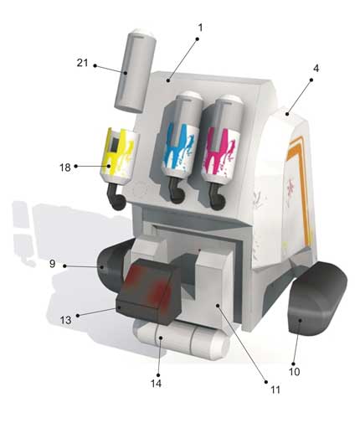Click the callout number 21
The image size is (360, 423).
tap(82, 63)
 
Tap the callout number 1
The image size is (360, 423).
tap(200, 28)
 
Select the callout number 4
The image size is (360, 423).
tap(316, 69)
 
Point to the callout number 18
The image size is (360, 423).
tap(65, 168)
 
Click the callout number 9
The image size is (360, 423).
tap(53, 264)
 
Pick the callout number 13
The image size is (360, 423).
tap(65, 320)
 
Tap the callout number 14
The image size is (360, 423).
tap(156, 384)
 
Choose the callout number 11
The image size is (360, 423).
tap(275, 389)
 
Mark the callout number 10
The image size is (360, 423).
tap(294, 372)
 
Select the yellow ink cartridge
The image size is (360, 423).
tap(119, 157)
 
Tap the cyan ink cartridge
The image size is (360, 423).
tap(182, 136)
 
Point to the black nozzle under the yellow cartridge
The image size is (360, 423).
tap(116, 197)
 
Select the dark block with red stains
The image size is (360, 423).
tap(149, 291)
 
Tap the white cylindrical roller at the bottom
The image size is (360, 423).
tap(182, 339)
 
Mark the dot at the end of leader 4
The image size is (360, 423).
tap(311, 80)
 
